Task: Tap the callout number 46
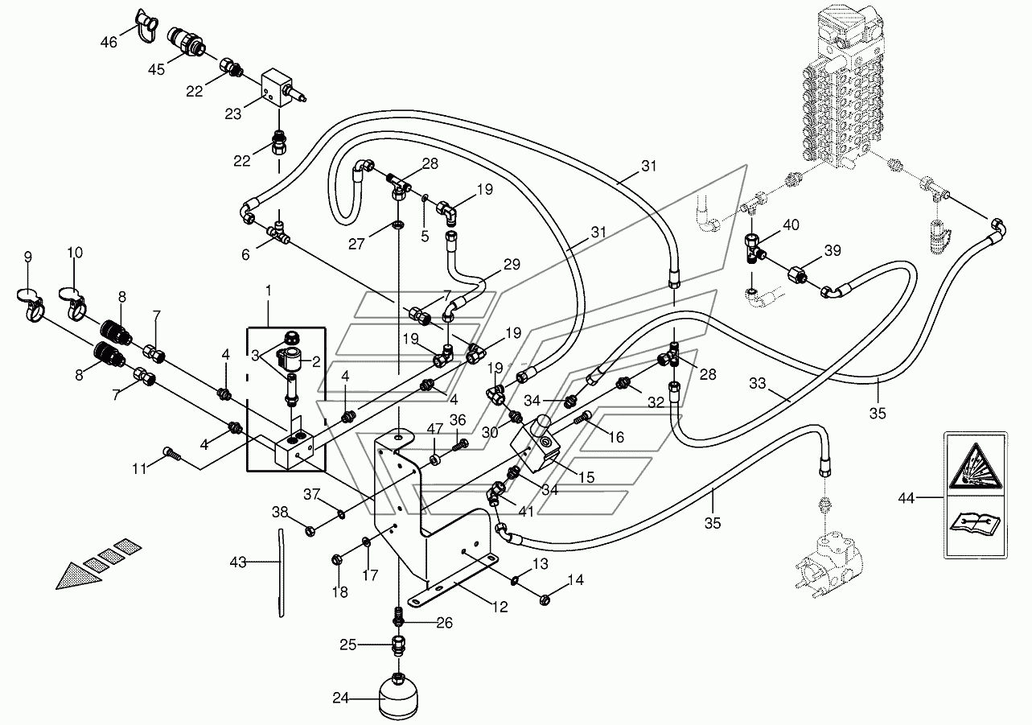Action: pos(109,43)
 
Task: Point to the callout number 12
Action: pos(500,607)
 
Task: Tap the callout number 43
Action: pos(238,562)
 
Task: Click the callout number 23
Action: pos(232,113)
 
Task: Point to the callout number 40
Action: pos(791,225)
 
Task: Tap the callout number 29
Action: pos(512,264)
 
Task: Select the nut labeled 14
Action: pos(545,600)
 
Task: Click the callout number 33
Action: pos(757,383)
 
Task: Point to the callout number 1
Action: pos(269,290)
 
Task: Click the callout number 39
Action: pos(833,250)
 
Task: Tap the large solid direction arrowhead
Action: pos(77,575)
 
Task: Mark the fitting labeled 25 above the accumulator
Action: pos(398,645)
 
